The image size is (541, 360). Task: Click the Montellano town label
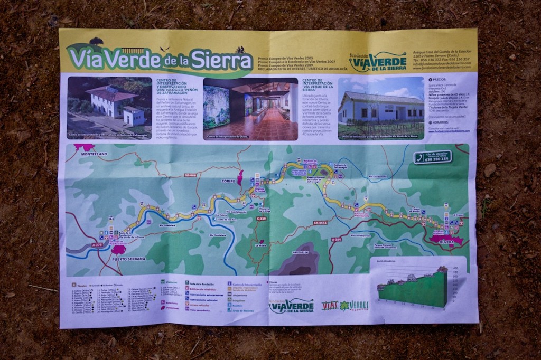point(94,154)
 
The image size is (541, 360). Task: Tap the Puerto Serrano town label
point(128,259)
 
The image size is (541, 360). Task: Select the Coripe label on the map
point(228,181)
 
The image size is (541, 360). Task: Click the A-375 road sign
point(97,245)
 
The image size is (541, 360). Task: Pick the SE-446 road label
point(190,175)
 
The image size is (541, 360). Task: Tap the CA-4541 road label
point(320,223)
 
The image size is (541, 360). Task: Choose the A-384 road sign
point(337,239)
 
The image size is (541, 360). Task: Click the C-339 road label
point(262,218)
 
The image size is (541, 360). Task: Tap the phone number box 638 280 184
point(433,157)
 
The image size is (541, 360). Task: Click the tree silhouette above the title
point(96,41)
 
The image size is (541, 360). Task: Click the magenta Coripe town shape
point(240,177)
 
